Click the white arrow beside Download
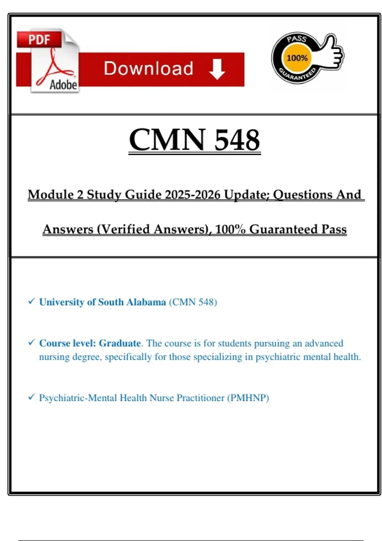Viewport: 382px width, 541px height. pyautogui.click(x=217, y=69)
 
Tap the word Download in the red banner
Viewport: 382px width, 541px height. pyautogui.click(x=148, y=69)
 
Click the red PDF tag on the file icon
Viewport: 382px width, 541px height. pyautogui.click(x=39, y=40)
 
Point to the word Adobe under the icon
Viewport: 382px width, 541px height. pyautogui.click(x=63, y=85)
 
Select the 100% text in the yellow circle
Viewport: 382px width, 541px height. pyautogui.click(x=297, y=58)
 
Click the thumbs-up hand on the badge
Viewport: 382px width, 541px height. pyautogui.click(x=333, y=53)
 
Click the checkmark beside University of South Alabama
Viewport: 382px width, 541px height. pyautogui.click(x=31, y=301)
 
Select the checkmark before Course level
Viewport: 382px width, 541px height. pyautogui.click(x=31, y=342)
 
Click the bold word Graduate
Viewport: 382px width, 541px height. pyautogui.click(x=120, y=343)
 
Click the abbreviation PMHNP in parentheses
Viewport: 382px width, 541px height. pyautogui.click(x=248, y=398)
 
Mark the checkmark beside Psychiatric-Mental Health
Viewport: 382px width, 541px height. pyautogui.click(x=31, y=397)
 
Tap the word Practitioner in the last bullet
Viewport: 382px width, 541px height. pyautogui.click(x=200, y=398)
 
